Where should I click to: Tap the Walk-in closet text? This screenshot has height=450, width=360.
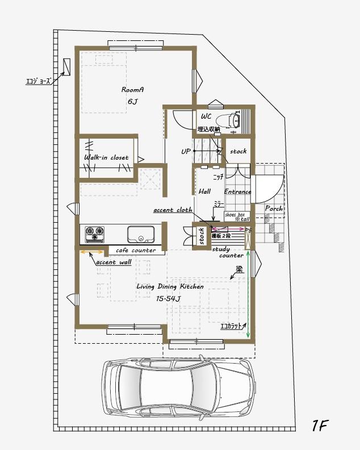click(x=106, y=157)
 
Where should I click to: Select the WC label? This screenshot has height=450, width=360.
click(x=206, y=117)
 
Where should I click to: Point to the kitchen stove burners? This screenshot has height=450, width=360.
click(x=94, y=232)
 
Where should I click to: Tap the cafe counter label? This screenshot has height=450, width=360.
click(x=136, y=251)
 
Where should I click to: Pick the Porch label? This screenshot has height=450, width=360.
click(x=274, y=209)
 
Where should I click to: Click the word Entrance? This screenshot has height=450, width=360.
click(x=237, y=192)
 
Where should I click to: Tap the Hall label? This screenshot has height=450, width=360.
click(x=204, y=192)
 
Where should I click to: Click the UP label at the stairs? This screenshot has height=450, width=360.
click(x=186, y=152)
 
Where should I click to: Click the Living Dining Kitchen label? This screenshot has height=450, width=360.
click(x=170, y=287)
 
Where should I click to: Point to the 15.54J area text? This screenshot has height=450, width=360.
click(x=168, y=299)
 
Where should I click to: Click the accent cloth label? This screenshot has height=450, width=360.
click(x=173, y=210)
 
